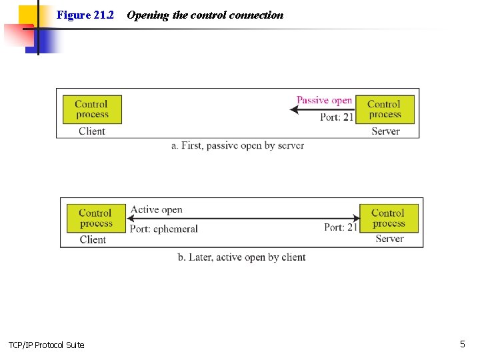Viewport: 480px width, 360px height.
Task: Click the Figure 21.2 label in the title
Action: coord(85,15)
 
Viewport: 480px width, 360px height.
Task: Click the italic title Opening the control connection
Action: coord(205,15)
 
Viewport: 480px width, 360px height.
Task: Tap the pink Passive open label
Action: coord(324,100)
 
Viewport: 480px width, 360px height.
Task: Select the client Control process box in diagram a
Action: coord(92,109)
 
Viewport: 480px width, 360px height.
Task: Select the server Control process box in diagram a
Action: coord(385,109)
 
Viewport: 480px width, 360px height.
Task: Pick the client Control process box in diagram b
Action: coord(96,218)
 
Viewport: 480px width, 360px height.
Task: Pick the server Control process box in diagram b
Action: coord(389,218)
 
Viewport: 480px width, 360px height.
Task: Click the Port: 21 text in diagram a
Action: coord(337,117)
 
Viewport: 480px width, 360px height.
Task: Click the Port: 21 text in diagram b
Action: coord(341,227)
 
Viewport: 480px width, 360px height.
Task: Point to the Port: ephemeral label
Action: coord(164,229)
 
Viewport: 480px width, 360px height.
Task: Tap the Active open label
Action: coord(157,209)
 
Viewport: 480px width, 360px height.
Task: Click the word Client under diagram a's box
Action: coord(92,131)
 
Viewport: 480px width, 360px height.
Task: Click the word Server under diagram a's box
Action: coord(385,131)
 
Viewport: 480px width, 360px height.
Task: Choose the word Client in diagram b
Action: coord(93,240)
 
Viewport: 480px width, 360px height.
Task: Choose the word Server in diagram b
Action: coord(389,239)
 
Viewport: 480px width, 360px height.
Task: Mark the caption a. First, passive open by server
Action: coord(237,145)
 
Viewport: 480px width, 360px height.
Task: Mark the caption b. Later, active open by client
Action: coord(241,257)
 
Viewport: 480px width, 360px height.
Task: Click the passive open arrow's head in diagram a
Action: coord(293,109)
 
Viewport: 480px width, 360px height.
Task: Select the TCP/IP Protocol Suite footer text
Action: coord(46,345)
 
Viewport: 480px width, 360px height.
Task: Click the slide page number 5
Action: coord(462,344)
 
